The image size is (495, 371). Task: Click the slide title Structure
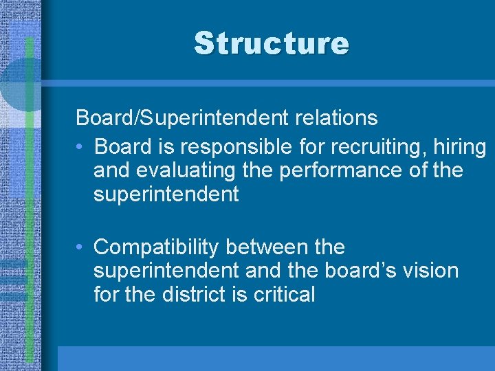point(272,43)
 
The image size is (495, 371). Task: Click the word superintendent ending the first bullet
point(166,194)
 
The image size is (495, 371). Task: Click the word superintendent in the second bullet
point(166,270)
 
